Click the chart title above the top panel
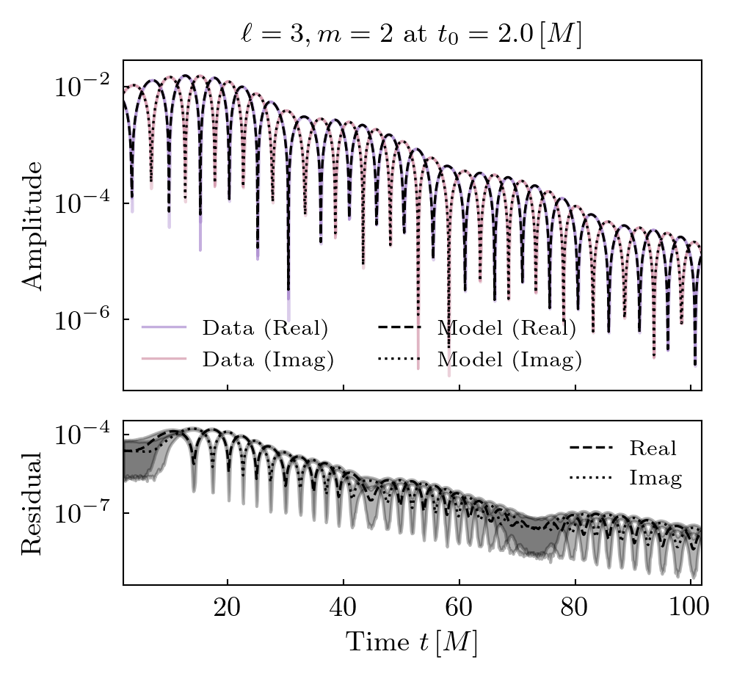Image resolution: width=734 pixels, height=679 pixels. pos(411,35)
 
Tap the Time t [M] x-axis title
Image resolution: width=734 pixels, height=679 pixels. pos(412,643)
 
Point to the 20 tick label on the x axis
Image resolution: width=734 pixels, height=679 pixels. pos(228,609)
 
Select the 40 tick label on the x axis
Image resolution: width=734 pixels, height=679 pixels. pos(344,609)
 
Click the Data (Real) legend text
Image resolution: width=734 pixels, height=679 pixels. pos(265,328)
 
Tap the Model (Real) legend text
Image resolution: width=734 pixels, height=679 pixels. pos(506,328)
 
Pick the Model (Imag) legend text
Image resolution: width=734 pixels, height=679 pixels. pos(509,360)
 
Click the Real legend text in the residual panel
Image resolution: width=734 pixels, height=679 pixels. pos(653,448)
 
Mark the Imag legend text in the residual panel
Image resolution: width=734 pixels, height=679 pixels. pos(655,479)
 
